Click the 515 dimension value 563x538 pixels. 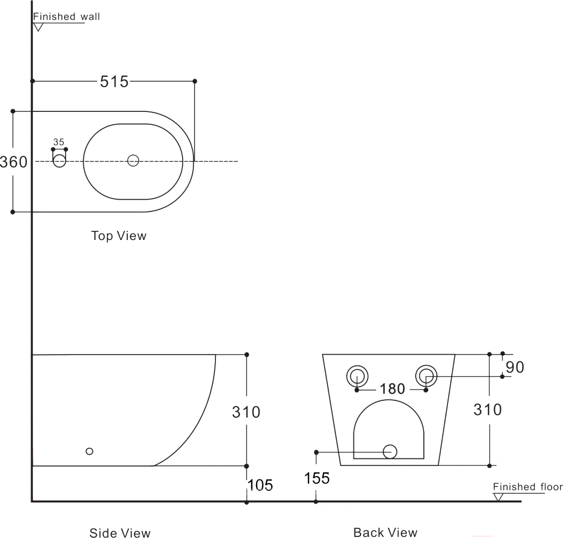114,82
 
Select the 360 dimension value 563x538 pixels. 13,162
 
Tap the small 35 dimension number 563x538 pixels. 59,142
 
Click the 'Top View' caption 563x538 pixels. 119,236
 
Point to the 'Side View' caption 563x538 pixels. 120,533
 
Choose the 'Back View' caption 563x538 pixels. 385,532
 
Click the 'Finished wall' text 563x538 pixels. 67,17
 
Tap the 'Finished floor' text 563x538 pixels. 528,486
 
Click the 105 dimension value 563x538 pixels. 261,485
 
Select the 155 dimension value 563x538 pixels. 317,478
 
